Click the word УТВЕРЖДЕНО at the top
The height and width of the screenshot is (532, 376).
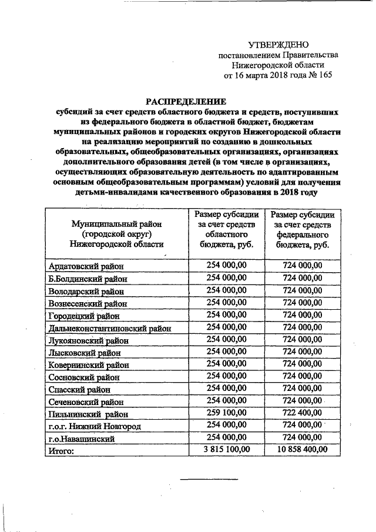pos(278,45)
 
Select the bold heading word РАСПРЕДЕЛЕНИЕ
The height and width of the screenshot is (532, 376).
pos(186,101)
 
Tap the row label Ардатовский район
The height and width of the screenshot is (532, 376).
pos(86,266)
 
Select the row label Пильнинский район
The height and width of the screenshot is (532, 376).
pos(86,414)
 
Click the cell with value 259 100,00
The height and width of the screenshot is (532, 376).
pos(227,413)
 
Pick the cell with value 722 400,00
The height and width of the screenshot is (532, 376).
pos(303,413)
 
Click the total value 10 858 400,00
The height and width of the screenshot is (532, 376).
pos(303,450)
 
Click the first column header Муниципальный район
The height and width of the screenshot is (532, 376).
pos(116,234)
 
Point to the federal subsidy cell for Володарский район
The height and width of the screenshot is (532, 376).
pos(303,290)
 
